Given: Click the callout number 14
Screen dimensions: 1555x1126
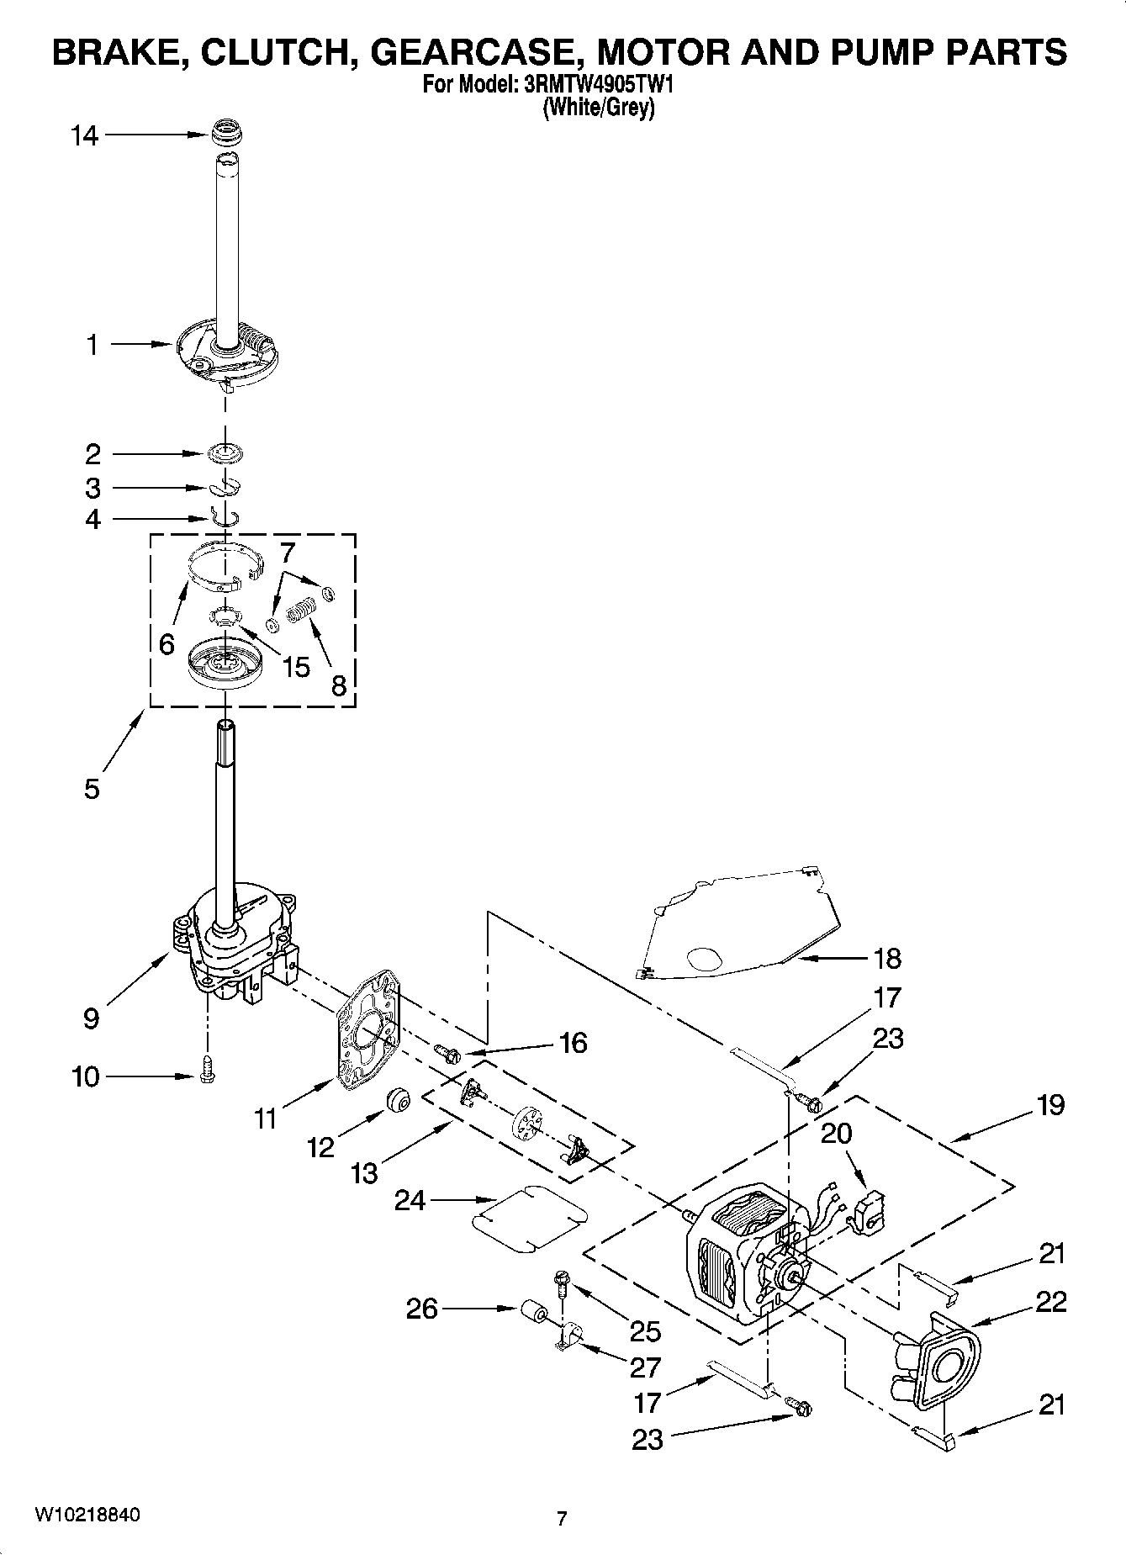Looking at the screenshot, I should point(84,135).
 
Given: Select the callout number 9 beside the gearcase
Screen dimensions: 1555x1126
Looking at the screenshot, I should point(92,1018).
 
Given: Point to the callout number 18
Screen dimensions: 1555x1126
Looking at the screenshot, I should point(887,958).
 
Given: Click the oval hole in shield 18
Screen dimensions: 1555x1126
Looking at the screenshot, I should point(704,958).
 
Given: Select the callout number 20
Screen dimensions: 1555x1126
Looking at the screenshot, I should point(836,1134).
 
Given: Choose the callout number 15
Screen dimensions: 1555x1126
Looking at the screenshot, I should point(296,667).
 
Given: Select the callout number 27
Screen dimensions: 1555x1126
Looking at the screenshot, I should point(645,1367).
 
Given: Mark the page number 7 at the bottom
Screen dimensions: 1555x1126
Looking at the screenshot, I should point(562,1519).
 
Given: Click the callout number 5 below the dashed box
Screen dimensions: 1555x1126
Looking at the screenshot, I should point(92,789).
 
